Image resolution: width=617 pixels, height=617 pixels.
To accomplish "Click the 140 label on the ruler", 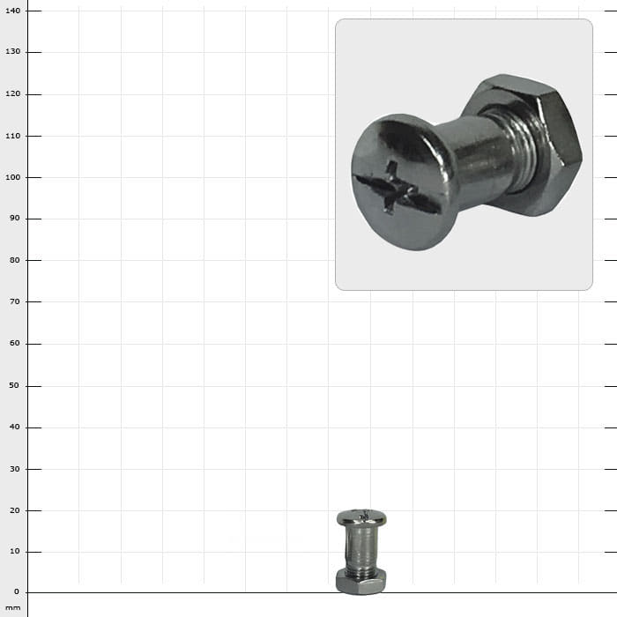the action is (12, 11).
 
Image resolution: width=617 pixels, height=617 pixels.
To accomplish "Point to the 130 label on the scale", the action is (12, 51).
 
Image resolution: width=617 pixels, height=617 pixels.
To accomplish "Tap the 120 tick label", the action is (12, 94).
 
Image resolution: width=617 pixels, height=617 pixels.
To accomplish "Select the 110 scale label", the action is (12, 136).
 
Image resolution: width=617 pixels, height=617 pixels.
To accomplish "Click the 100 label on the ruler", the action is (12, 177).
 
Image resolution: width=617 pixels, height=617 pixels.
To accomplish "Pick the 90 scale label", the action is (15, 219).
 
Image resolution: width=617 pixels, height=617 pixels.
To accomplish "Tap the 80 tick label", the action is (15, 260).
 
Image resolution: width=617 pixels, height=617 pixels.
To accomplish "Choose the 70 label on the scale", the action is (15, 301).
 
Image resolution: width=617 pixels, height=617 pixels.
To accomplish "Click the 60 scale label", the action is (15, 343).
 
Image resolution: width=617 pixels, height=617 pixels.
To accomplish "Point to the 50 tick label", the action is (15, 386).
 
